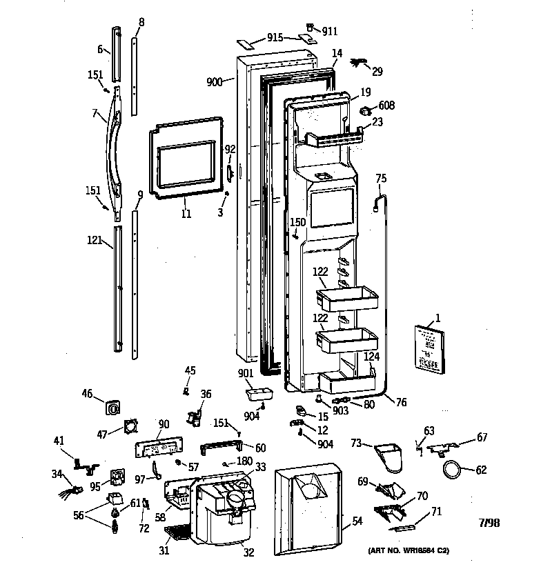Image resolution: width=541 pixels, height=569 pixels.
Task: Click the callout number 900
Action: click(215, 82)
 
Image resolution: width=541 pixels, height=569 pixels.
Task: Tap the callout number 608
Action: click(386, 106)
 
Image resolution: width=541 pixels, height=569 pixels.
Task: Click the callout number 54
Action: click(357, 521)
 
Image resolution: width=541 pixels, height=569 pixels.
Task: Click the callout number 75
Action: click(381, 179)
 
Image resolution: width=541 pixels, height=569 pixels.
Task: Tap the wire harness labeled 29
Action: click(360, 64)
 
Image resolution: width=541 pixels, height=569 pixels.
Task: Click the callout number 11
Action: click(186, 214)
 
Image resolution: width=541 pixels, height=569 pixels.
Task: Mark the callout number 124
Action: click(372, 357)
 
